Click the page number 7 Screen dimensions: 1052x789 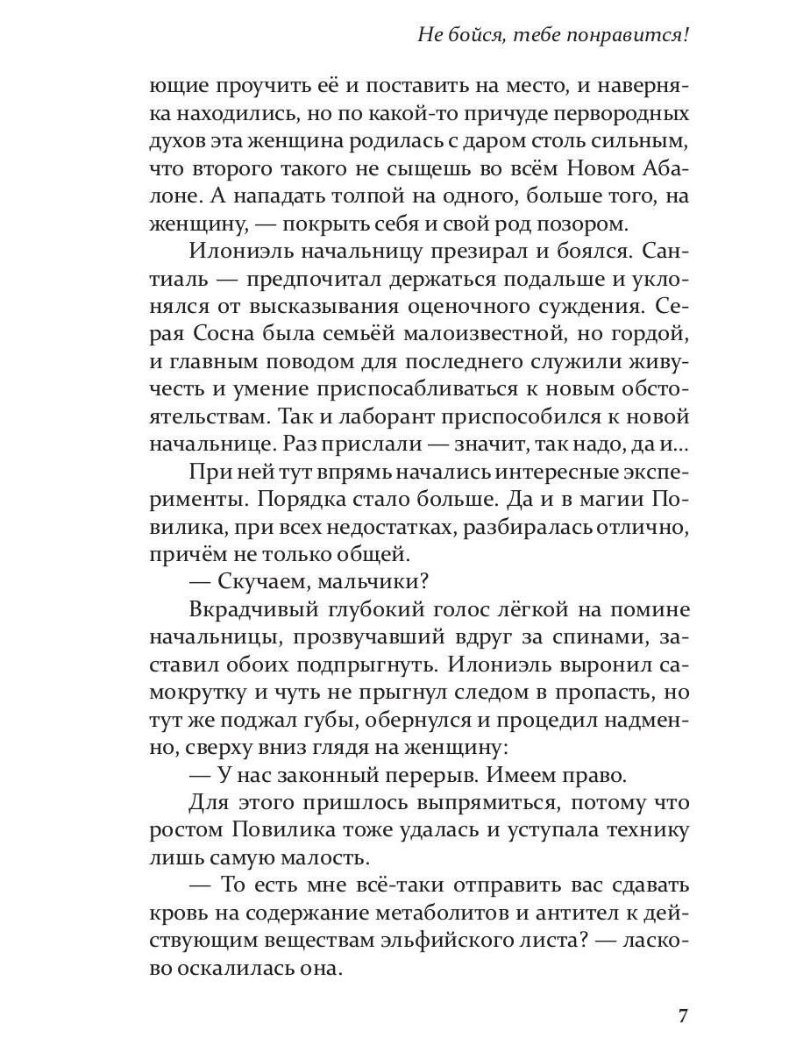point(684,1016)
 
